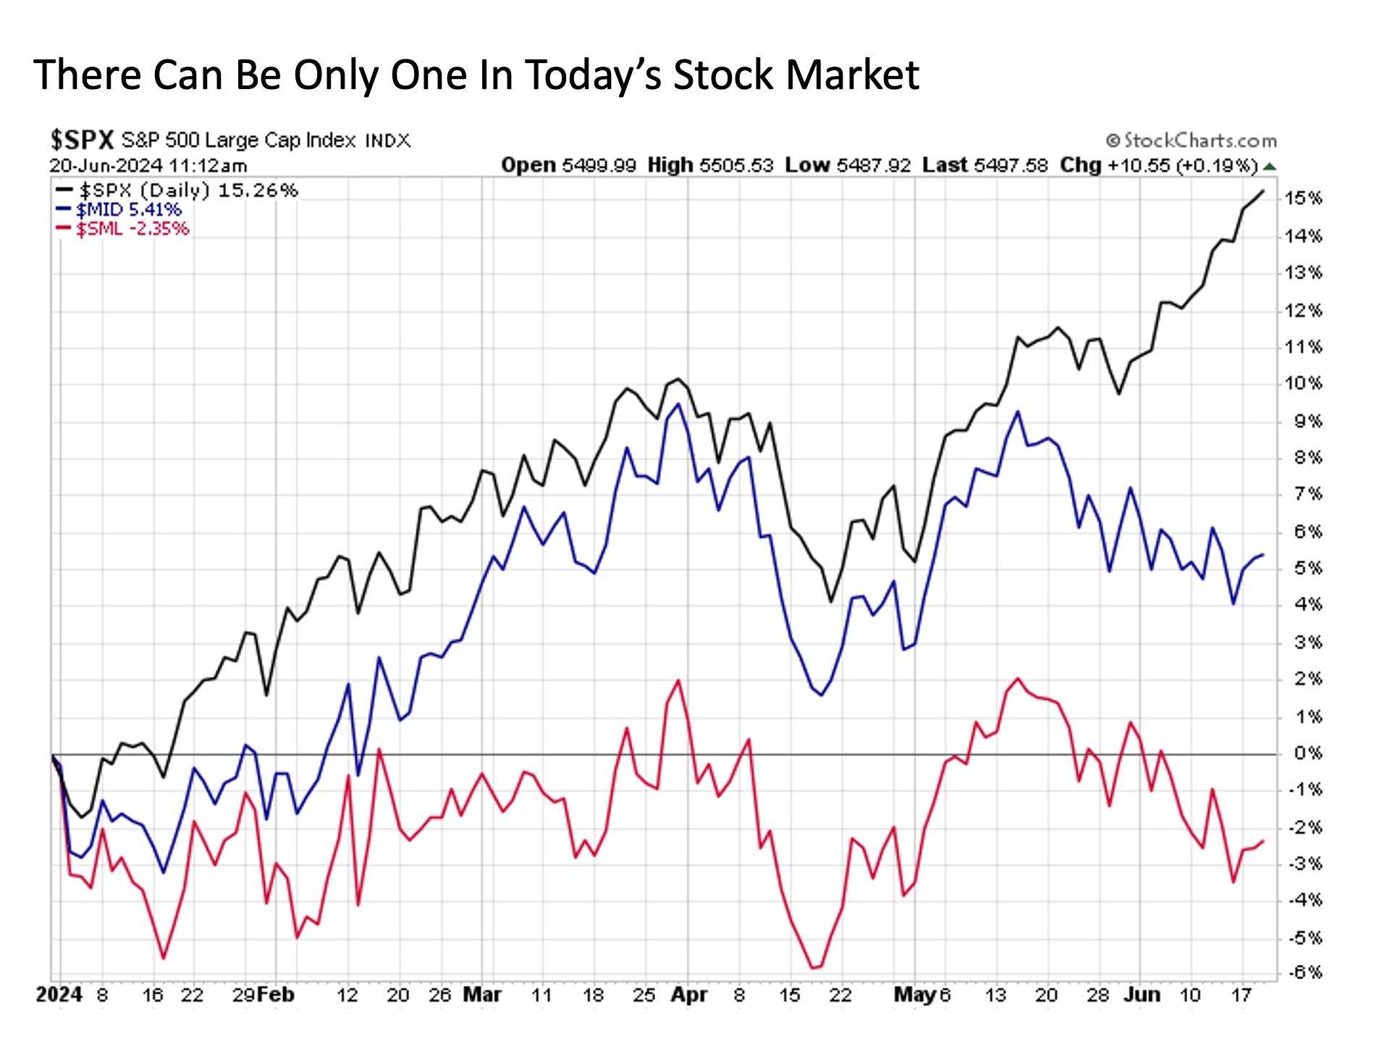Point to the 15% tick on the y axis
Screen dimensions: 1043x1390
tap(1303, 198)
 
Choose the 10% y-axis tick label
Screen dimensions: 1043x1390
tap(1303, 383)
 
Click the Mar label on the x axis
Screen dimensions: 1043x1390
tap(482, 994)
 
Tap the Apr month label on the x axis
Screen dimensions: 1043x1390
tap(688, 994)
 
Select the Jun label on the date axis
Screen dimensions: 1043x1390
tap(1142, 994)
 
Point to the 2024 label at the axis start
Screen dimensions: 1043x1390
tap(59, 994)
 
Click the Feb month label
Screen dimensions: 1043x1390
tap(276, 994)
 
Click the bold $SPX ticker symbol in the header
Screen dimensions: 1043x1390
tap(82, 139)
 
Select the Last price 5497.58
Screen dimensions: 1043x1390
tap(1011, 166)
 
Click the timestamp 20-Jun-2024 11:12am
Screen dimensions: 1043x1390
tap(148, 166)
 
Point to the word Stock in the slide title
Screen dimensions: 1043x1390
tap(722, 75)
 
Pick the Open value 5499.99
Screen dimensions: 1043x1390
tap(599, 166)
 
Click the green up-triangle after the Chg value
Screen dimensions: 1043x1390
tap(1268, 167)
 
